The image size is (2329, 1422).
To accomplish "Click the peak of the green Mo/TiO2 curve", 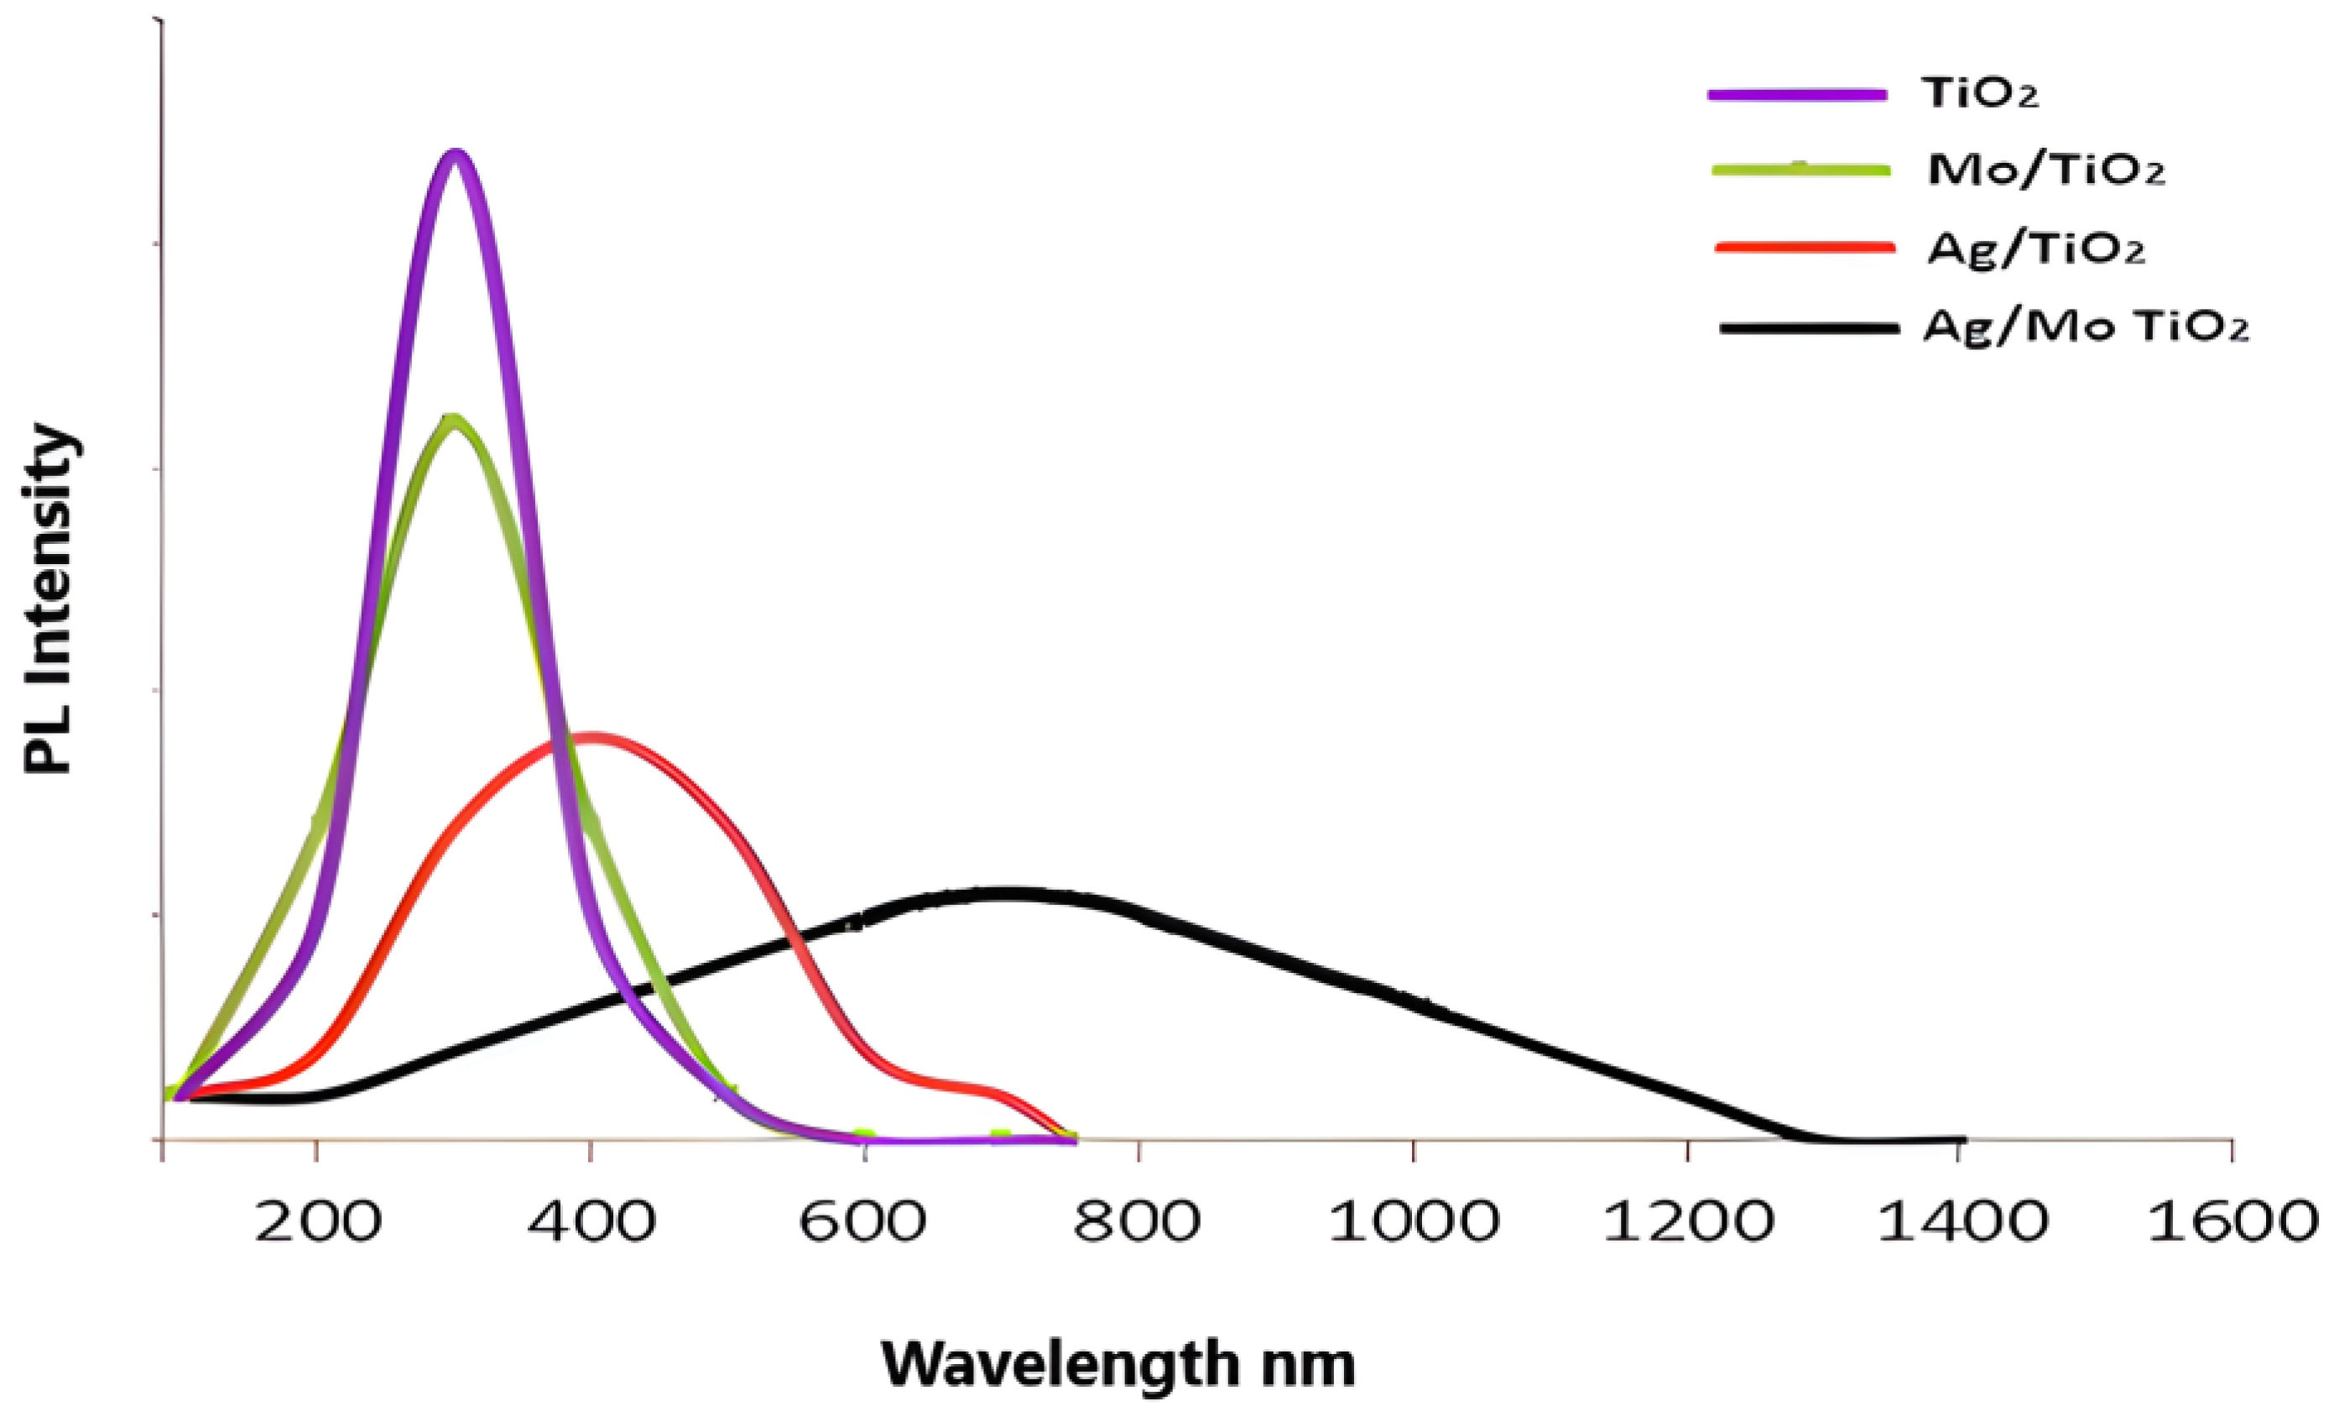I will tap(455, 419).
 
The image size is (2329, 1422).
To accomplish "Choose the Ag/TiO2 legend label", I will tap(2036, 248).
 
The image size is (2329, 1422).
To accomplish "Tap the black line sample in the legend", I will tap(1808, 328).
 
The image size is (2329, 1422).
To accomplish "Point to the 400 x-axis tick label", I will tap(591, 1221).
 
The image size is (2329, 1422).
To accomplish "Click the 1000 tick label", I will tap(1413, 1221).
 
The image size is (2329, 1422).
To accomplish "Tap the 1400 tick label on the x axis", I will tap(1962, 1221).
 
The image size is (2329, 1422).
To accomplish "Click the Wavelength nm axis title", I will tap(1118, 1364).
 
